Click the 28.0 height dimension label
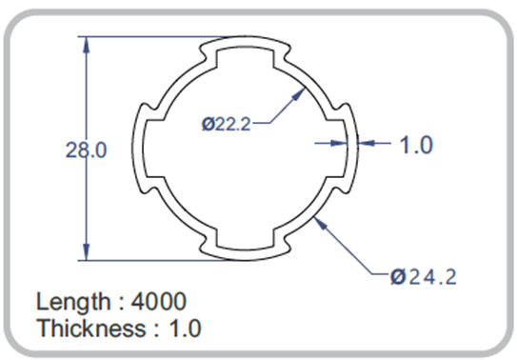tap(86, 150)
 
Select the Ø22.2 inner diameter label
tap(227, 124)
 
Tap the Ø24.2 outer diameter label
tap(424, 276)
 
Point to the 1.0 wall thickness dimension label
tap(416, 145)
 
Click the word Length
tap(73, 302)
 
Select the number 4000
tap(159, 301)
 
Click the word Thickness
tap(91, 328)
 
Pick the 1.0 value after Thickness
tap(185, 329)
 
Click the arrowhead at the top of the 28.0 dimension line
tap(86, 45)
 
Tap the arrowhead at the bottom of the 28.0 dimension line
tap(86, 252)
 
